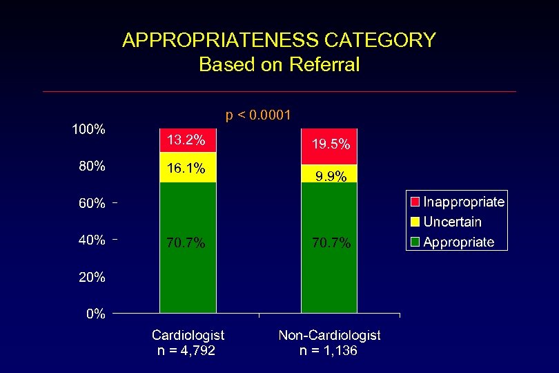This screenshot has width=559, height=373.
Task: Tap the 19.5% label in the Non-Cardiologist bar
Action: click(331, 144)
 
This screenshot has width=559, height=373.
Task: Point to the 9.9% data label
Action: click(331, 176)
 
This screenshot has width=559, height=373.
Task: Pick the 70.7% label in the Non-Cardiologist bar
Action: click(331, 242)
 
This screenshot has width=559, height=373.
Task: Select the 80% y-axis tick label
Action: click(91, 166)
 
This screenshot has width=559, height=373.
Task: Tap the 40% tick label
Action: click(91, 240)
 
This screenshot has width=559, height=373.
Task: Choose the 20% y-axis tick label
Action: click(91, 277)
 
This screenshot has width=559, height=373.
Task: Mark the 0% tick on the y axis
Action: click(95, 314)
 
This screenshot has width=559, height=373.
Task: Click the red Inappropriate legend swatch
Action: click(415, 202)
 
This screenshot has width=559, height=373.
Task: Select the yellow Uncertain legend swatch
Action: click(415, 222)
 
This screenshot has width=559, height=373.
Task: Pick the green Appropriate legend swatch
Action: click(415, 242)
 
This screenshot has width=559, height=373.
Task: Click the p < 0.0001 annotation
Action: click(259, 115)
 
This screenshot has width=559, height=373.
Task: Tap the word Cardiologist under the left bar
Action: click(188, 335)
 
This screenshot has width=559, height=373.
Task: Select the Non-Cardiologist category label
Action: click(329, 335)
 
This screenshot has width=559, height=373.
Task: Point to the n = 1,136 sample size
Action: click(328, 351)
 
